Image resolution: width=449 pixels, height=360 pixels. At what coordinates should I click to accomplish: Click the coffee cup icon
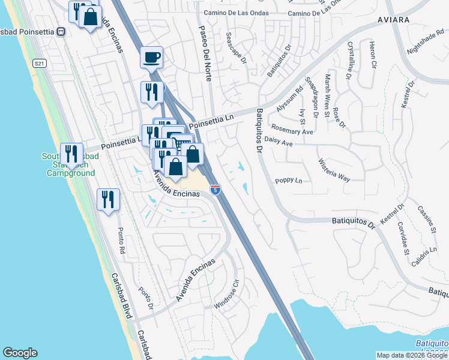(151, 58)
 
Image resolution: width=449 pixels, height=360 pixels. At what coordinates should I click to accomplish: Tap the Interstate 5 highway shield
(215, 190)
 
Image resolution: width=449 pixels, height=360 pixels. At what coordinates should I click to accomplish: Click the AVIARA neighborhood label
(393, 20)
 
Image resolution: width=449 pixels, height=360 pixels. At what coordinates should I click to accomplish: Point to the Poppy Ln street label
(288, 180)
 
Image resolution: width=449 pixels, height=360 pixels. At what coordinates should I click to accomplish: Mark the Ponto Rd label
(121, 241)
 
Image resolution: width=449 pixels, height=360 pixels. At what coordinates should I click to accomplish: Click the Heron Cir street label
(372, 55)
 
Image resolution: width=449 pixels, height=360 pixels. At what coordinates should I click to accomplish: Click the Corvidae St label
(402, 239)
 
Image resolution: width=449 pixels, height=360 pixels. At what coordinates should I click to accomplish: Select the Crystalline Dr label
(349, 61)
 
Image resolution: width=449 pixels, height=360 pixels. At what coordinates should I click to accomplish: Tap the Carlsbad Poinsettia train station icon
(60, 31)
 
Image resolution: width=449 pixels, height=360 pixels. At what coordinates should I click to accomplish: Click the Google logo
(20, 353)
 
